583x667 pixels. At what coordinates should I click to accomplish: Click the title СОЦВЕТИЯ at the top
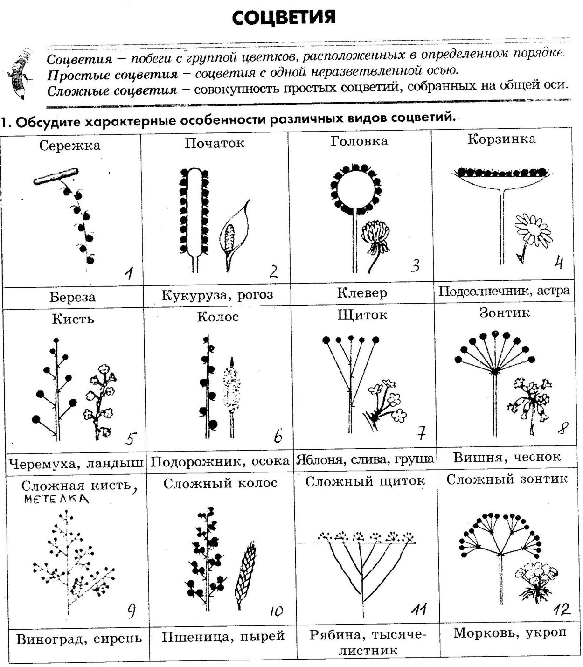coord(283,18)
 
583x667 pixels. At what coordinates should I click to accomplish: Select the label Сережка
coord(70,146)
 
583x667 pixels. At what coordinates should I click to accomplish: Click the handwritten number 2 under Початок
coord(274,271)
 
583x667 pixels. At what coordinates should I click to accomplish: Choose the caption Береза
coord(72,297)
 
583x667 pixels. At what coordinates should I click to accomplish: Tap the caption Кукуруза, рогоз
coord(217,295)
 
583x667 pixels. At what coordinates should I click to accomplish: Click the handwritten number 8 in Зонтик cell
coord(563,427)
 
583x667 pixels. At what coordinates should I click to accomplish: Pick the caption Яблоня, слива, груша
coord(364,459)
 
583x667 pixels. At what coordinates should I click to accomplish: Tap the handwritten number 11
coord(418,609)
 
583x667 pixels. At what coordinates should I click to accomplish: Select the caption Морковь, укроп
coord(510,633)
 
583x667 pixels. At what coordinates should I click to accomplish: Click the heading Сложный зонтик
coord(507,479)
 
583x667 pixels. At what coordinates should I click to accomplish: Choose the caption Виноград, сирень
coord(79,638)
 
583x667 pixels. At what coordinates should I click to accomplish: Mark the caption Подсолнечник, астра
coord(504,291)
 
